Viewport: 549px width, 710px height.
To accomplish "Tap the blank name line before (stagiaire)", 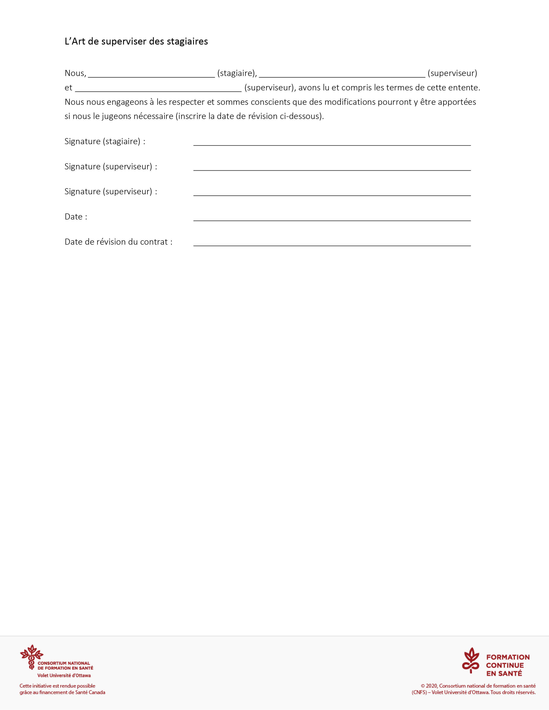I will (x=151, y=75).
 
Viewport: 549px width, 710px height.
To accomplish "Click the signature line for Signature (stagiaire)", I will (x=332, y=144).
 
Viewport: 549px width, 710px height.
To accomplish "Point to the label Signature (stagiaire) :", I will (x=105, y=141).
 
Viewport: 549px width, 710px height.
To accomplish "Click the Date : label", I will (x=76, y=217).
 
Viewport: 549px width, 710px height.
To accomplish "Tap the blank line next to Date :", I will (x=332, y=219).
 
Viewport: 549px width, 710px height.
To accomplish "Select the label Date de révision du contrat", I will (x=118, y=242).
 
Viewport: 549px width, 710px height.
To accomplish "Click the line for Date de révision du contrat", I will (x=332, y=244).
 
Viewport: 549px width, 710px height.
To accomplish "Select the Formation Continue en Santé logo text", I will (x=507, y=665).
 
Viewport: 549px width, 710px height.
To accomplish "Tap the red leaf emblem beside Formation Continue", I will (x=471, y=660).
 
